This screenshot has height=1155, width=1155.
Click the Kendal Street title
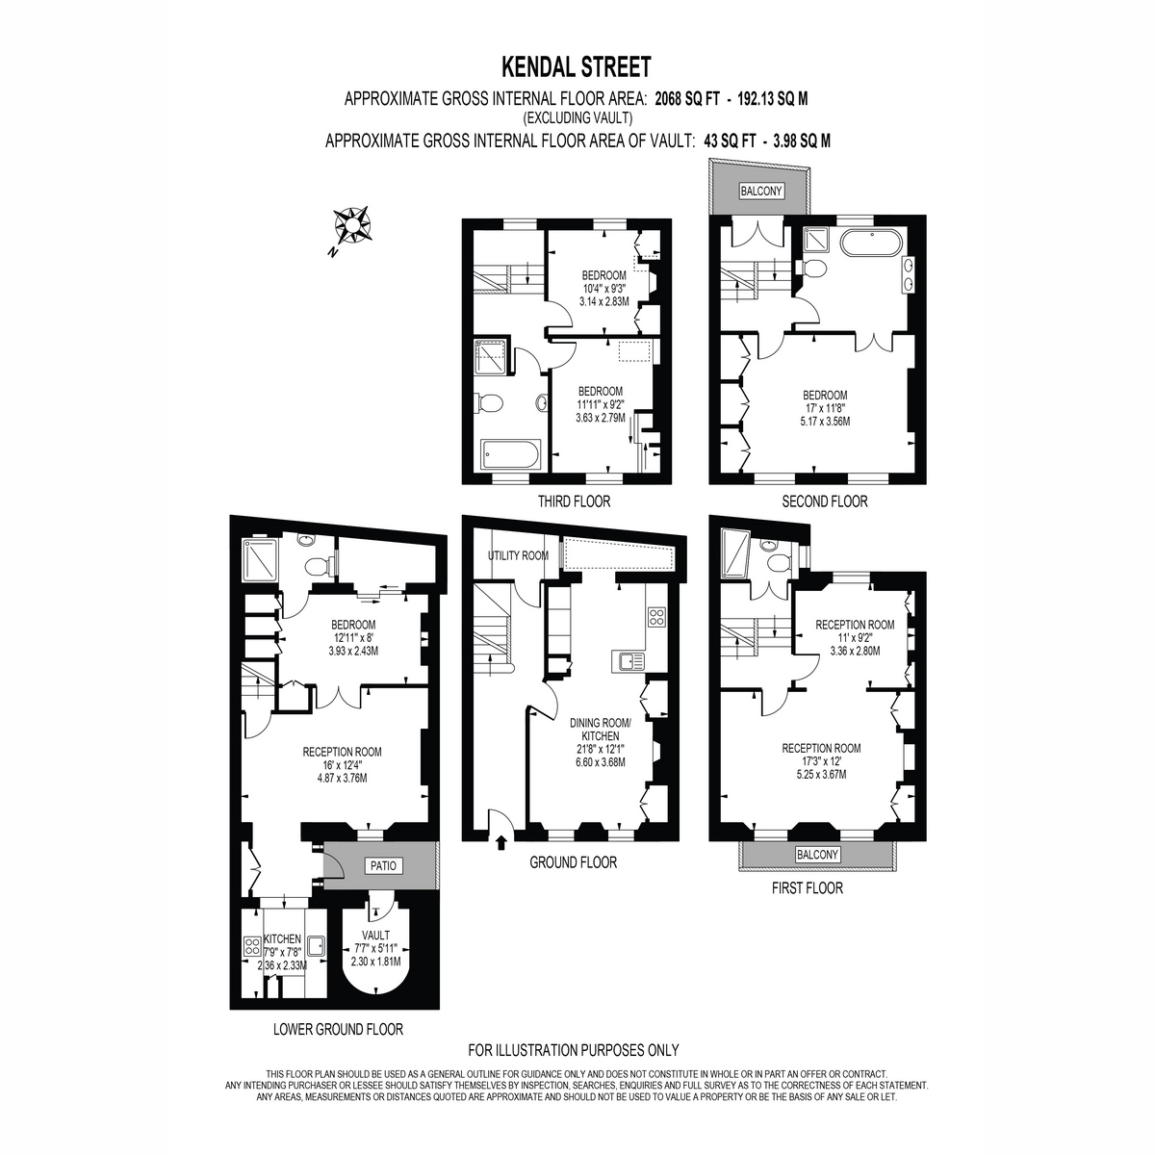click(x=576, y=66)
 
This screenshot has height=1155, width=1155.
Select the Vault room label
click(x=375, y=935)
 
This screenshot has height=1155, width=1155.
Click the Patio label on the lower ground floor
click(x=383, y=865)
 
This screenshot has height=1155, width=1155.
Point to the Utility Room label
click(x=518, y=555)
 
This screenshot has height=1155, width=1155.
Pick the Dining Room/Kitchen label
click(x=601, y=730)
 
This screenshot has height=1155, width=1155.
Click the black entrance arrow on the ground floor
click(x=501, y=843)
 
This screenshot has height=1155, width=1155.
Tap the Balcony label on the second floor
click(x=761, y=192)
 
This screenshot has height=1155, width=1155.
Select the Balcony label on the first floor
click(x=817, y=854)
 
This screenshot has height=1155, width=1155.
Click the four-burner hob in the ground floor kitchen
click(x=656, y=617)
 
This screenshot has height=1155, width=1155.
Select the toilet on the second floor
click(x=812, y=268)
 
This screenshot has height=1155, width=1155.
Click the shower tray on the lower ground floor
click(x=261, y=559)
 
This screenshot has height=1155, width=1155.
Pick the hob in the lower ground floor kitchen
click(x=252, y=947)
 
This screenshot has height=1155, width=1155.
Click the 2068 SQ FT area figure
click(x=686, y=99)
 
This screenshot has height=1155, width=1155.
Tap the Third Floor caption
click(x=574, y=501)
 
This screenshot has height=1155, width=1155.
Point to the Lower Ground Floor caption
click(x=338, y=1029)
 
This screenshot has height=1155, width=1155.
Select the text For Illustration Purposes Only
click(x=574, y=1050)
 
